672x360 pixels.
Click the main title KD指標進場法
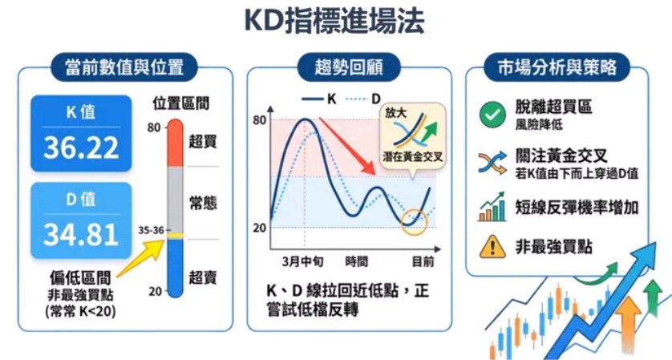pos(335,22)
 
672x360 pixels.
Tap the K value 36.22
pos(79,147)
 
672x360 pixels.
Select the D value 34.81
pos(79,234)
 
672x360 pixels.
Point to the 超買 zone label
pos(203,142)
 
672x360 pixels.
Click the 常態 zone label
pos(203,203)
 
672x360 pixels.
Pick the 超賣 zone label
pos(203,277)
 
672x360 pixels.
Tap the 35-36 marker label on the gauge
pos(150,231)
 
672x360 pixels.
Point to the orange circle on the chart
pos(416,221)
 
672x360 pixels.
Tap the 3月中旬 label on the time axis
pos(305,262)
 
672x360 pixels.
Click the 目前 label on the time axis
pos(423,262)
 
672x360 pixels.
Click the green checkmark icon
pos(490,114)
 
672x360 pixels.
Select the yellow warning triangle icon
pos(489,247)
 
